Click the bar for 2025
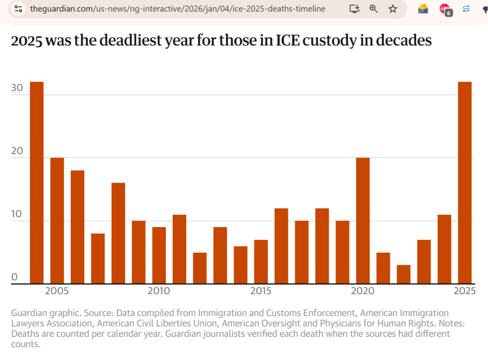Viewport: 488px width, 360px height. click(x=465, y=183)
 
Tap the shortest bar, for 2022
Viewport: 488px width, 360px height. click(x=404, y=275)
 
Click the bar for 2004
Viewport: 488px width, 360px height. click(x=37, y=183)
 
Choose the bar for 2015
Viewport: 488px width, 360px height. click(x=261, y=262)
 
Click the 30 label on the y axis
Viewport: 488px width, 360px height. click(x=17, y=88)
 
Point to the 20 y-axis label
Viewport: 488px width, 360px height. click(x=17, y=151)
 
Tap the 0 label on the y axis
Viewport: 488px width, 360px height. click(x=14, y=278)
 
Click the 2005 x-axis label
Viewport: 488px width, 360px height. click(x=57, y=290)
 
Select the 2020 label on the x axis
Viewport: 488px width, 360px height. click(x=362, y=290)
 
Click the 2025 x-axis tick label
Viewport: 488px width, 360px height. click(x=464, y=290)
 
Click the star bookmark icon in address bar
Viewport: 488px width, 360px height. click(x=393, y=9)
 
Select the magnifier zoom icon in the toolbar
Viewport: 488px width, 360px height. click(x=374, y=9)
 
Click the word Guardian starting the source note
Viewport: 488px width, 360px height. click(x=30, y=313)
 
